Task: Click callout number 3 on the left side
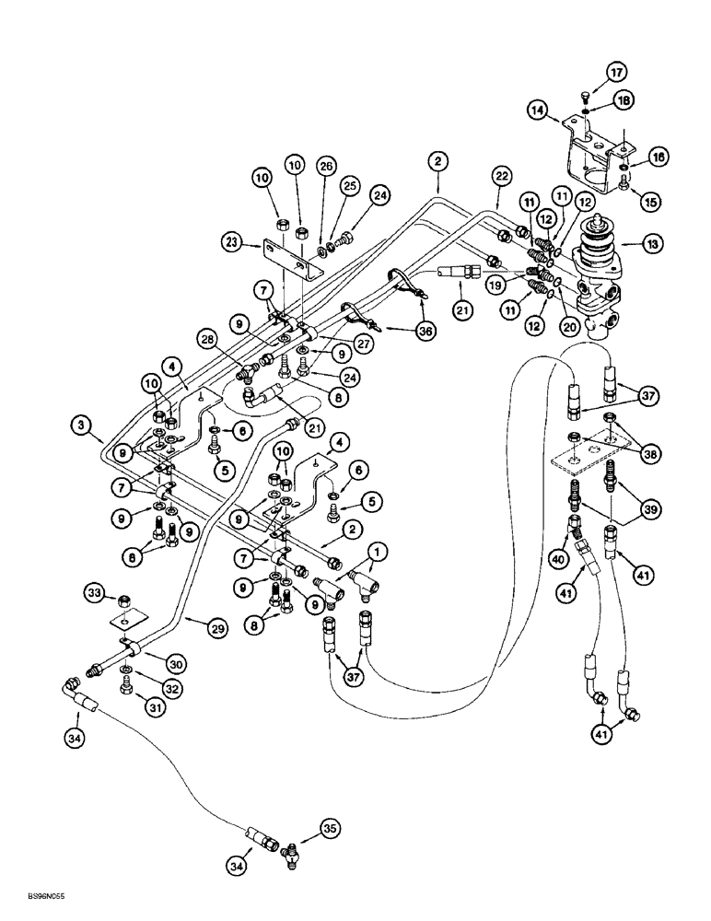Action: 82,425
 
